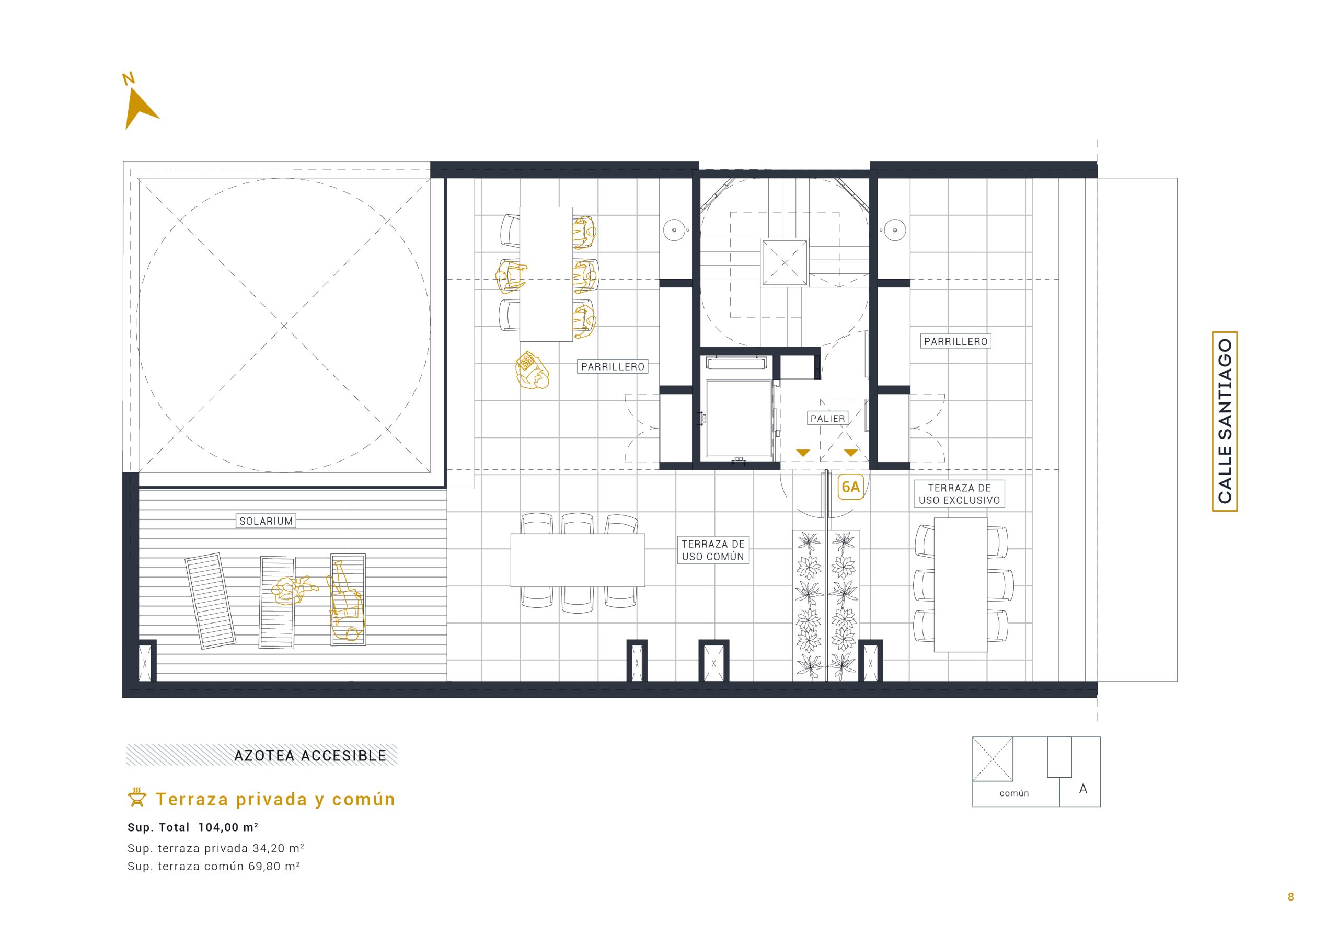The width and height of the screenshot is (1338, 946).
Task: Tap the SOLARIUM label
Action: coord(267,521)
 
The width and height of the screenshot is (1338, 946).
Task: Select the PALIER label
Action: coord(827,419)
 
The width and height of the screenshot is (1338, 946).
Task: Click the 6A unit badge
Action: coord(851,487)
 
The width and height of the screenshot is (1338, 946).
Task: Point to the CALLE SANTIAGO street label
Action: coord(1225,421)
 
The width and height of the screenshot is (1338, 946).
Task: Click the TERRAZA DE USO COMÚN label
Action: coord(713,550)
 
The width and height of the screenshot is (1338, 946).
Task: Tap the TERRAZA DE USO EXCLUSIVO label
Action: coord(959,494)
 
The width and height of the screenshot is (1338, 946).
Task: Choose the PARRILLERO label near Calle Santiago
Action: coord(956,342)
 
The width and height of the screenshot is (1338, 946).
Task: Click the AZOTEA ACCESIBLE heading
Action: coord(310,756)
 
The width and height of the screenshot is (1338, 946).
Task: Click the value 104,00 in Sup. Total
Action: coord(219,827)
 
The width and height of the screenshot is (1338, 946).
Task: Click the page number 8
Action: coord(1291,897)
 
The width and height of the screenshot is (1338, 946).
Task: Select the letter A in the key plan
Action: coord(1083,789)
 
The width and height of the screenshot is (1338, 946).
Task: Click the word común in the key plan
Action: coord(1014,793)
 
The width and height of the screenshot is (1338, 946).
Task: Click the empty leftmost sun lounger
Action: coord(211,601)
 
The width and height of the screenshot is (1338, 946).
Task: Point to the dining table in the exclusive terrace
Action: coord(960,585)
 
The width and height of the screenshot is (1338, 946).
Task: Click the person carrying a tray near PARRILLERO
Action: coord(533,371)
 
